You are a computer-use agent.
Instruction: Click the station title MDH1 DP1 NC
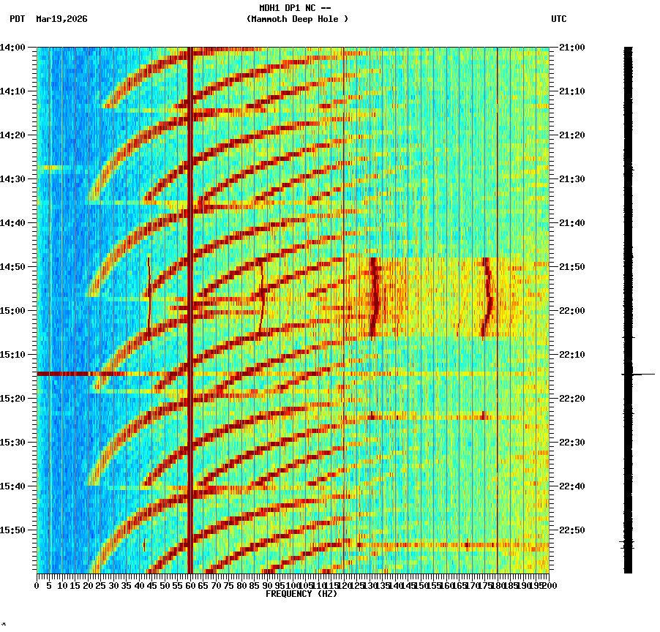[290, 7]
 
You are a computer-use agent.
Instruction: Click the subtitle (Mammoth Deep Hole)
[297, 19]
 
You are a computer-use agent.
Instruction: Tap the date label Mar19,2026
[61, 19]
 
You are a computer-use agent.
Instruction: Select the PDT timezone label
[17, 19]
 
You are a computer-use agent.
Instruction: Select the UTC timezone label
[559, 19]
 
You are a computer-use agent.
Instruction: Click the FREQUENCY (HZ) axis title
[300, 594]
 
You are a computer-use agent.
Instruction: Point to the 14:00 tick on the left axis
[12, 48]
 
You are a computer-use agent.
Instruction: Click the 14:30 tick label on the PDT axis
[12, 179]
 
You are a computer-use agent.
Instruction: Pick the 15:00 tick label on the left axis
[12, 311]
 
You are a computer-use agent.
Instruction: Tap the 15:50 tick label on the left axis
[12, 530]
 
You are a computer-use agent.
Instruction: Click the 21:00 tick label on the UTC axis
[571, 48]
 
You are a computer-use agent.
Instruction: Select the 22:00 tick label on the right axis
[571, 311]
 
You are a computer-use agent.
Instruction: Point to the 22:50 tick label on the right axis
[571, 530]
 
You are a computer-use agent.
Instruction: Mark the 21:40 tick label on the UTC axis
[571, 223]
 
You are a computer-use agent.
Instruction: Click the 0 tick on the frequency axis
[37, 585]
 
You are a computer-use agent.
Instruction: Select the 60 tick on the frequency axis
[190, 585]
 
